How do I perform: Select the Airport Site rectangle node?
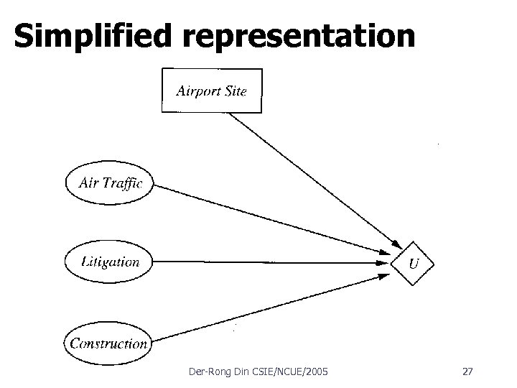click(x=211, y=91)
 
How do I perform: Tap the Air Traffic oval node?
click(x=109, y=183)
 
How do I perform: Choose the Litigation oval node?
click(x=109, y=262)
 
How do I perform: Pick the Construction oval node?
click(x=108, y=343)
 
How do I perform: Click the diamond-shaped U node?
click(x=413, y=263)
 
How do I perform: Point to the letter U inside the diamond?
click(x=414, y=264)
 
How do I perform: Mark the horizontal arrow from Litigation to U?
click(x=273, y=262)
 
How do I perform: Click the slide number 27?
click(x=467, y=371)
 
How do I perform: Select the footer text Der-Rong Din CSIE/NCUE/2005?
click(x=256, y=371)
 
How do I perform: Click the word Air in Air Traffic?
click(x=88, y=183)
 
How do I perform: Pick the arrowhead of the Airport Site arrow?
click(x=396, y=242)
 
